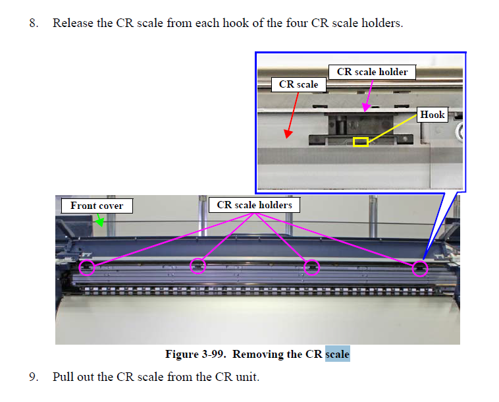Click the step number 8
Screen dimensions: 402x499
pyautogui.click(x=33, y=23)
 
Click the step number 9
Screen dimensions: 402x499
pyautogui.click(x=33, y=378)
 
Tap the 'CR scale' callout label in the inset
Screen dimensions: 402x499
pyautogui.click(x=298, y=84)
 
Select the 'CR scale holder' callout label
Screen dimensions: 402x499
pyautogui.click(x=372, y=72)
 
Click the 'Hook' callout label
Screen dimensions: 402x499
pyautogui.click(x=433, y=115)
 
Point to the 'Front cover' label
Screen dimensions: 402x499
pyautogui.click(x=97, y=206)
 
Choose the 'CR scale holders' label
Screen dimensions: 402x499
pyautogui.click(x=254, y=205)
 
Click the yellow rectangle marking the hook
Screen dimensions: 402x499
pyautogui.click(x=360, y=142)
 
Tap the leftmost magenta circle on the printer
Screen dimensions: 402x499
pyautogui.click(x=87, y=268)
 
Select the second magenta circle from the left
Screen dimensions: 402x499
pyautogui.click(x=197, y=266)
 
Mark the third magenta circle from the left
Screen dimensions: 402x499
pyautogui.click(x=312, y=267)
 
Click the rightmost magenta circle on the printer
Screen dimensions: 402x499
pyautogui.click(x=419, y=268)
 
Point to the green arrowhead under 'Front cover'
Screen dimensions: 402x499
pyautogui.click(x=100, y=223)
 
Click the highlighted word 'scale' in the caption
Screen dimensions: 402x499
pyautogui.click(x=337, y=355)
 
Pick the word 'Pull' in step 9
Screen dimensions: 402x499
pyautogui.click(x=63, y=378)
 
